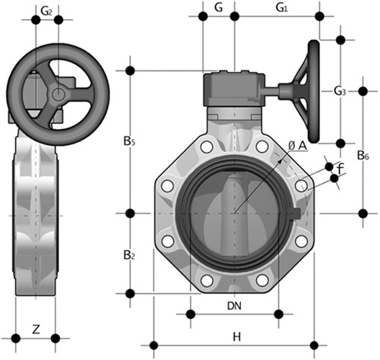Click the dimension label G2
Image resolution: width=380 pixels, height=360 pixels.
pyautogui.click(x=47, y=11)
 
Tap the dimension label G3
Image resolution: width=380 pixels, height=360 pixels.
pyautogui.click(x=340, y=91)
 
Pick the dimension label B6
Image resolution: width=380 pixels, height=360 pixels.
pyautogui.click(x=363, y=156)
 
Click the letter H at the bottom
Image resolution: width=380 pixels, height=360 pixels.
pyautogui.click(x=236, y=336)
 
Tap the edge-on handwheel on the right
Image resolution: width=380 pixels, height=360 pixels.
pyautogui.click(x=314, y=90)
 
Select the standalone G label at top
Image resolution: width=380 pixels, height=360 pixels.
pyautogui.click(x=218, y=8)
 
